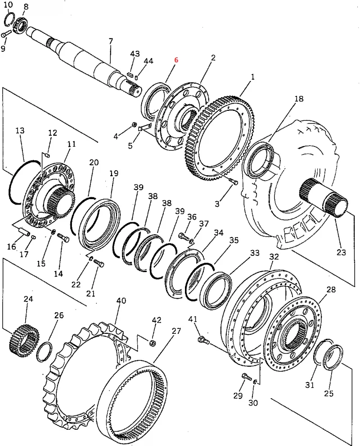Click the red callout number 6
pyautogui.click(x=176, y=60)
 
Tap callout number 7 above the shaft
pyautogui.click(x=111, y=41)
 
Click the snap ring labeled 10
pyautogui.click(x=10, y=20)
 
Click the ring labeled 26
pyautogui.click(x=45, y=352)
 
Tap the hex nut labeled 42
pyautogui.click(x=152, y=343)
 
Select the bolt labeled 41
pyautogui.click(x=203, y=340)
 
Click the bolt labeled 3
pyautogui.click(x=234, y=181)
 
